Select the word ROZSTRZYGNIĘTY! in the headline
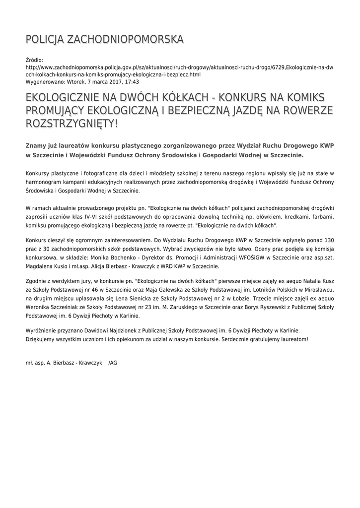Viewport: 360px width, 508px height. click(x=72, y=123)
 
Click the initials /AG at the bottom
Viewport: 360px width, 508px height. click(x=113, y=363)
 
